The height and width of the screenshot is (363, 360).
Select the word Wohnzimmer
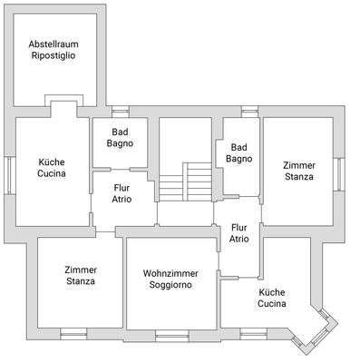point(171,273)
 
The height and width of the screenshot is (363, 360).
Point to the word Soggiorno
point(171,285)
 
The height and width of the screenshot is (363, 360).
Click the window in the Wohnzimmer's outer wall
point(170,335)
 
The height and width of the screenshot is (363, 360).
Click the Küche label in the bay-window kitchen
point(272,292)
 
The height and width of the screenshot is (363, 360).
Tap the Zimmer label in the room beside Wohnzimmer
point(81,270)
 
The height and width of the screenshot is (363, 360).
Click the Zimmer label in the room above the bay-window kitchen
point(298,165)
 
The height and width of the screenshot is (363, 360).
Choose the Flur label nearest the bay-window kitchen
point(239,228)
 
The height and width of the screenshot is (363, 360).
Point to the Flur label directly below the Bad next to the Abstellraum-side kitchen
point(122,187)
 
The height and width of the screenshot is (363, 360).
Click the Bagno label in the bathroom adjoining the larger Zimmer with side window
point(239,159)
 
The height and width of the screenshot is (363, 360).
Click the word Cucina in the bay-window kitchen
point(272,304)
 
